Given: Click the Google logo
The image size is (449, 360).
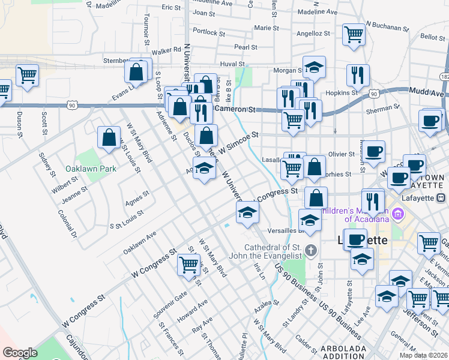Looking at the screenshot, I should pos(20,353).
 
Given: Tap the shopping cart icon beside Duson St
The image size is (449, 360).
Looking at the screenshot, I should pos(27,75).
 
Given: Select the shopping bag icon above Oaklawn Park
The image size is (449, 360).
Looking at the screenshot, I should pos(109,137).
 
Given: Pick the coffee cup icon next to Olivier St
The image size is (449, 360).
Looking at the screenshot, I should pos(374,150).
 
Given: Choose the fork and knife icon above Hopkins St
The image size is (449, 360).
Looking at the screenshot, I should pos(357,75).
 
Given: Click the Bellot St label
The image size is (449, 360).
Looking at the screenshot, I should pos(432,37).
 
